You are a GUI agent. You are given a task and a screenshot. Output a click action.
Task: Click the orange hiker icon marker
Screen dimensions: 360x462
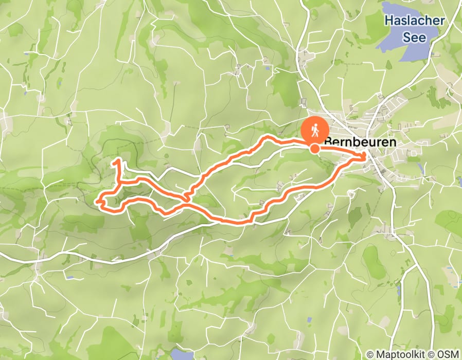(x=314, y=130)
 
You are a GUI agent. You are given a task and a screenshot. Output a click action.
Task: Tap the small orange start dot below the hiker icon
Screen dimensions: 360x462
(x=314, y=149)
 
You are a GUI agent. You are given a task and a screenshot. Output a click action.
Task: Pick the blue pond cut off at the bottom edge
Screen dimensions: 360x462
(x=181, y=355)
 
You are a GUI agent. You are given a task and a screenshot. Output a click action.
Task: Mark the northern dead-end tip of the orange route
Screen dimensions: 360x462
(x=118, y=161)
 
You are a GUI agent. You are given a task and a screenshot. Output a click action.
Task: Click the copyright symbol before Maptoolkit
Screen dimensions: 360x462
(x=370, y=354)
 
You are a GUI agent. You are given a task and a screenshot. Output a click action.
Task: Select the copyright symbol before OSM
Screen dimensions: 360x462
(x=433, y=354)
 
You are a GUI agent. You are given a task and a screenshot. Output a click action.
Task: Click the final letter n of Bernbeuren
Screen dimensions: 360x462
(x=393, y=141)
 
